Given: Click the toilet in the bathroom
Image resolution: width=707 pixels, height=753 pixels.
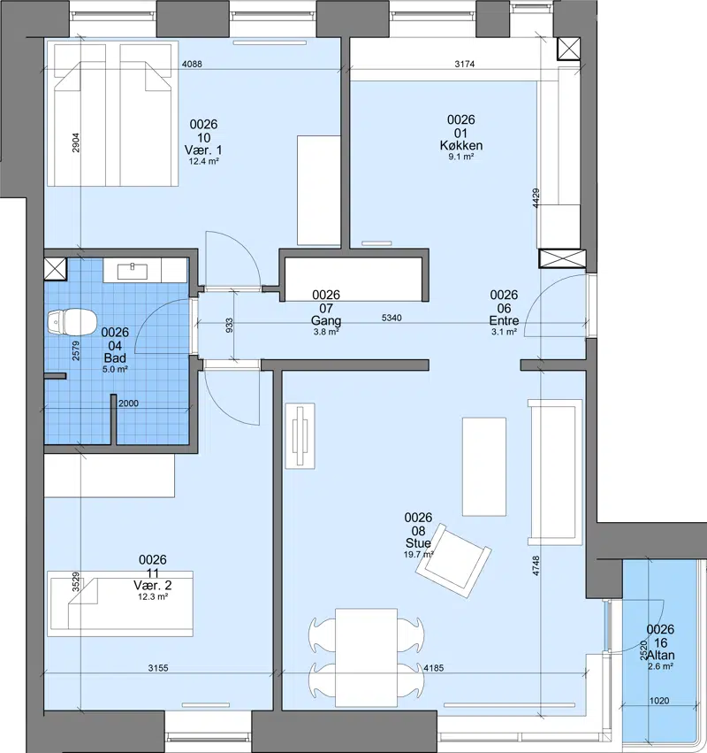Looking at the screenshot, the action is tap(72, 321).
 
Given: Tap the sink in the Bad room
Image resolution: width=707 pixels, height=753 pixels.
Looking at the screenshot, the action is tap(133, 271).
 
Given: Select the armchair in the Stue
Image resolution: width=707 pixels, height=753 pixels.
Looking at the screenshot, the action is tap(453, 560).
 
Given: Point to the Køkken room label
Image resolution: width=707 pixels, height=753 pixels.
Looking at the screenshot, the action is tap(461, 145).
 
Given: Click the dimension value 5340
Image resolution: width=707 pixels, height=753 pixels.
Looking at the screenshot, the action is tap(392, 318).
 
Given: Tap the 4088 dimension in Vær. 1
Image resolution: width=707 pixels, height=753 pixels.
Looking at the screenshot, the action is tap(192, 64).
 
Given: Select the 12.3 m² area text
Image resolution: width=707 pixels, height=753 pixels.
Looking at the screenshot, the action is tap(153, 597).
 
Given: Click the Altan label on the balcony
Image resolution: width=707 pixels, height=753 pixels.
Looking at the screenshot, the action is tap(660, 655).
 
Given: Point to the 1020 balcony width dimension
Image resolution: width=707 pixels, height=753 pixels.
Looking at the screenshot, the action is tap(659, 701).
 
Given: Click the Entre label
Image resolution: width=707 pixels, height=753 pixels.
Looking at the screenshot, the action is tap(504, 320).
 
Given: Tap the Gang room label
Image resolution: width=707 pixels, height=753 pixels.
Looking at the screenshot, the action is tap(326, 320).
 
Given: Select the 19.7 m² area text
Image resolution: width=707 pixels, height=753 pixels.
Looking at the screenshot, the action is tap(419, 555).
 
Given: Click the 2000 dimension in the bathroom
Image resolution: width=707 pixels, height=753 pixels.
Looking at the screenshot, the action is tap(128, 403).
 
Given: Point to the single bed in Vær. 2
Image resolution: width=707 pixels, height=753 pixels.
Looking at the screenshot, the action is tap(120, 603).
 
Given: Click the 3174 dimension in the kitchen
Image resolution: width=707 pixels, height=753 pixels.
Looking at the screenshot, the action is tap(465, 64).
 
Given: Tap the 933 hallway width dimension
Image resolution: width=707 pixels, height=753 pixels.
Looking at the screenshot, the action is tap(229, 325).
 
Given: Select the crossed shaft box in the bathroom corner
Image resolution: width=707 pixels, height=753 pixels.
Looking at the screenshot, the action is tap(55, 269).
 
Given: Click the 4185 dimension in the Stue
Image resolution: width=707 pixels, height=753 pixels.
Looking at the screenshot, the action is tap(434, 667).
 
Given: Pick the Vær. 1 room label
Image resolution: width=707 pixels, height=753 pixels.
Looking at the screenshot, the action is tap(204, 150).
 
